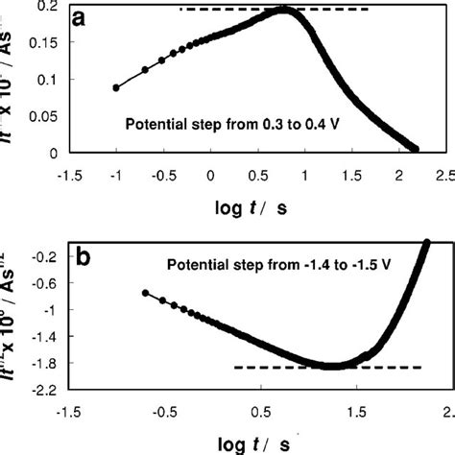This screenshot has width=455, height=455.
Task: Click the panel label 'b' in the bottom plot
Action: click(x=84, y=256)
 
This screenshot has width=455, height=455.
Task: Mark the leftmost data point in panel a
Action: click(x=116, y=87)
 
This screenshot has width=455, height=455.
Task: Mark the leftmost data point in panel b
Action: click(x=145, y=292)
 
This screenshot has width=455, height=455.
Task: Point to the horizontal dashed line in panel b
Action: click(x=326, y=367)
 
